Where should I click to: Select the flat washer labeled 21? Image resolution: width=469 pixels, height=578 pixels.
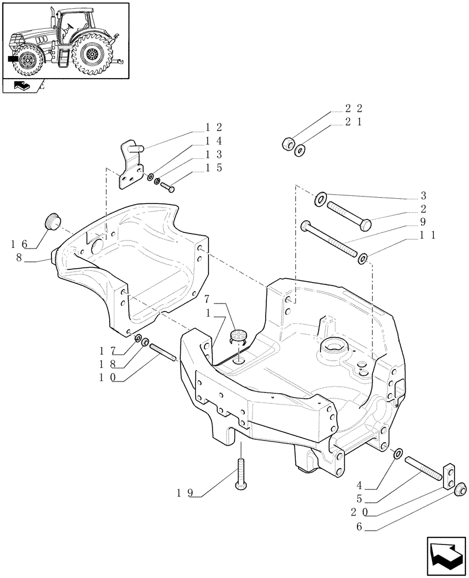click(299, 151)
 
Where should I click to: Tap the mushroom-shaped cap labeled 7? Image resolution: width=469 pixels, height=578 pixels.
click(238, 336)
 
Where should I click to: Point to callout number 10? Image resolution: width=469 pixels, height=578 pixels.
click(107, 377)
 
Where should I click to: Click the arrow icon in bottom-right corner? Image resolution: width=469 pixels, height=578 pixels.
click(445, 555)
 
